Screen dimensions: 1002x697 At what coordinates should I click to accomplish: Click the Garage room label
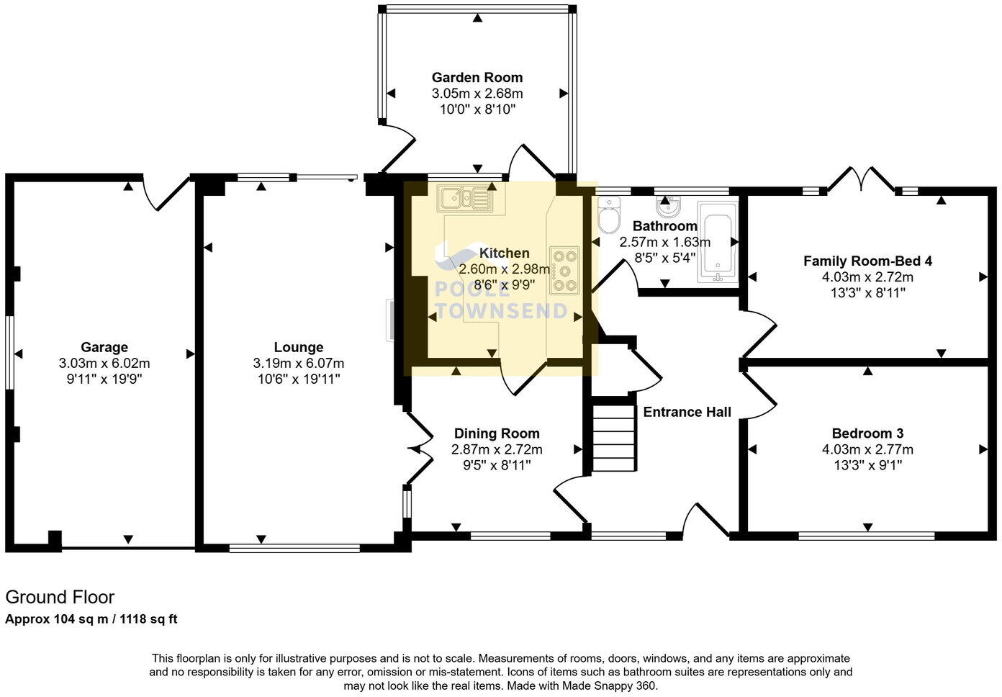104,347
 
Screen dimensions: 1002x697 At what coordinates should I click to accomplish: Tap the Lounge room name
298,347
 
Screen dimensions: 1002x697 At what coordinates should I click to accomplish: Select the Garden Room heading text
477,77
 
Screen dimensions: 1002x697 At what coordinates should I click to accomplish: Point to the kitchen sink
465,198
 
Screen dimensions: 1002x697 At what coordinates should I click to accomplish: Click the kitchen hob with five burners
564,270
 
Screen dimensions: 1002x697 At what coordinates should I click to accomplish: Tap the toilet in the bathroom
609,215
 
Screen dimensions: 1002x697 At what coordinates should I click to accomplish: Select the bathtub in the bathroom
718,243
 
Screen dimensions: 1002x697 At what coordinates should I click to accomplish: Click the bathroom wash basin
669,207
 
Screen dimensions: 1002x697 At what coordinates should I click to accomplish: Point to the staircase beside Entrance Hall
614,438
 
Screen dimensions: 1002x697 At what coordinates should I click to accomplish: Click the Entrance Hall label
687,412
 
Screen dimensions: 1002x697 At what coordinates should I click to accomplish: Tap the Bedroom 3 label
867,433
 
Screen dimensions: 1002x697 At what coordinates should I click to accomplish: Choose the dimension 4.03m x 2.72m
867,277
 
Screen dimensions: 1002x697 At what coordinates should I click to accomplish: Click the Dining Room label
497,433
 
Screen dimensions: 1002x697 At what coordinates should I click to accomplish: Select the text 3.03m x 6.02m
104,364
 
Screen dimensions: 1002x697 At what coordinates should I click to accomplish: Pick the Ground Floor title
60,597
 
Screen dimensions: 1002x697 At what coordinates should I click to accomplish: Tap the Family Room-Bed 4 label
867,261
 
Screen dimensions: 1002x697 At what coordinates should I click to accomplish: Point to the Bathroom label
664,226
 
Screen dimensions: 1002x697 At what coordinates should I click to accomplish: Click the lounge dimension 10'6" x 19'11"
298,379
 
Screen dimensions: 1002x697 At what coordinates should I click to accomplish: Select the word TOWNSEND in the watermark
502,311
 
